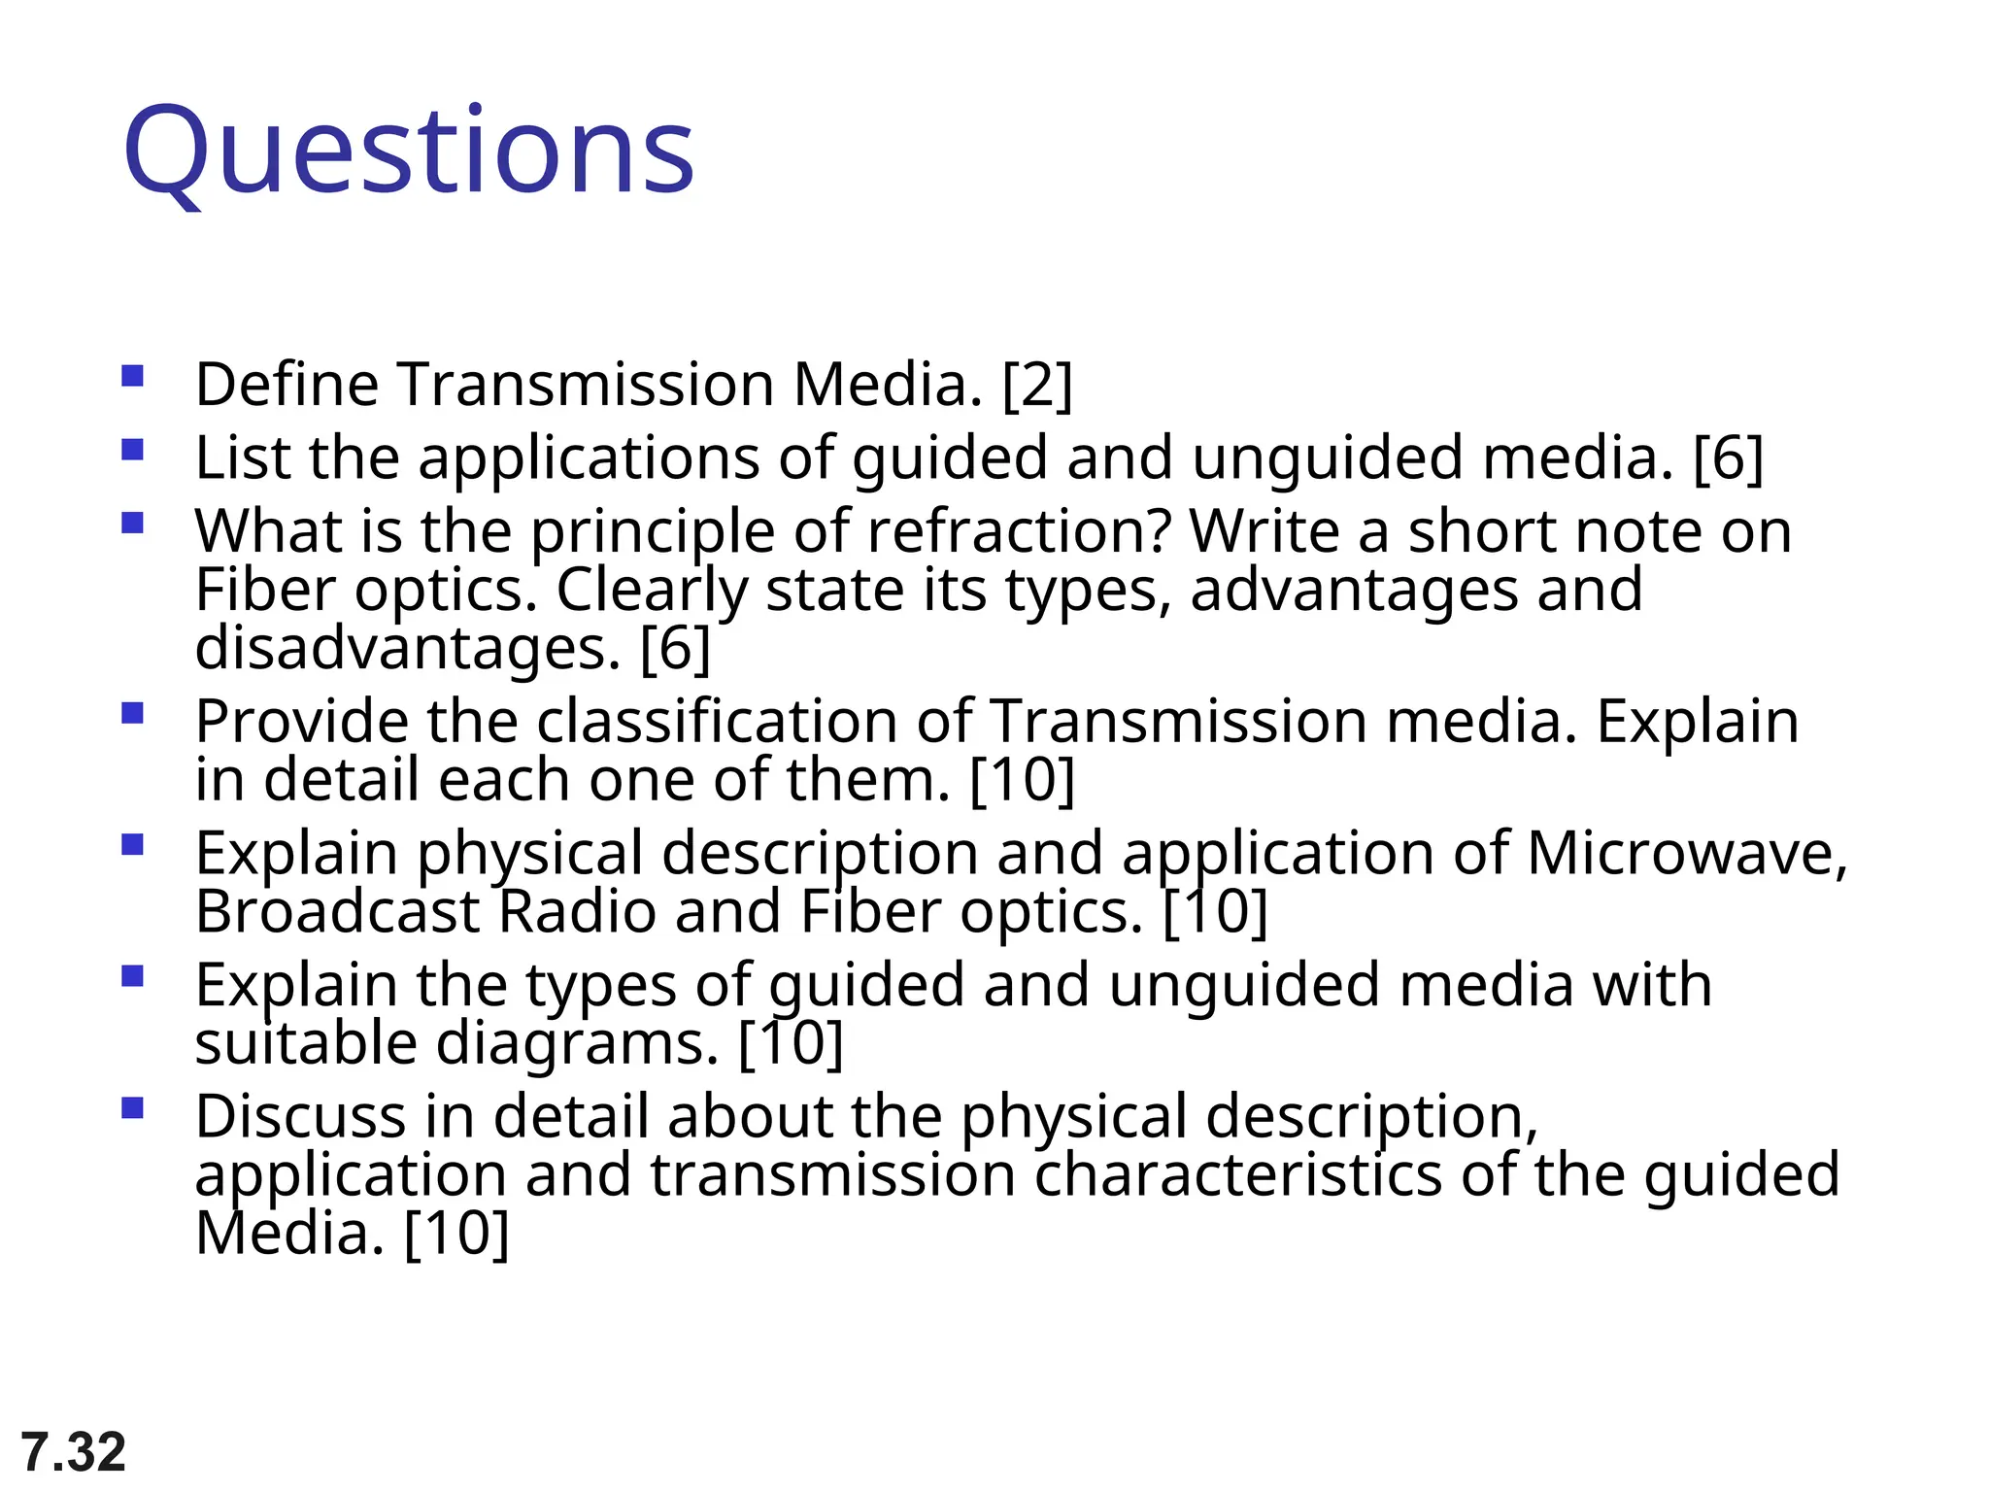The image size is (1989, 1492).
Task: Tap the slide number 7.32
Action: click(74, 1452)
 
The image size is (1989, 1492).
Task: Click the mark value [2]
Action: click(1037, 385)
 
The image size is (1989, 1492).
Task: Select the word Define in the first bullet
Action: click(287, 385)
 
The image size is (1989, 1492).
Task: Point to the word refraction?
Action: click(1019, 531)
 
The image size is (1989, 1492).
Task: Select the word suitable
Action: click(305, 1043)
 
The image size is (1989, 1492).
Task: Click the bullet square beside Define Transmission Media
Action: click(133, 376)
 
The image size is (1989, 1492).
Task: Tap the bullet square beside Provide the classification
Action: click(133, 714)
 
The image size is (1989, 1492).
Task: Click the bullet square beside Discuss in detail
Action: click(133, 1108)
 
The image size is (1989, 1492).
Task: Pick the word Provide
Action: click(301, 722)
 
